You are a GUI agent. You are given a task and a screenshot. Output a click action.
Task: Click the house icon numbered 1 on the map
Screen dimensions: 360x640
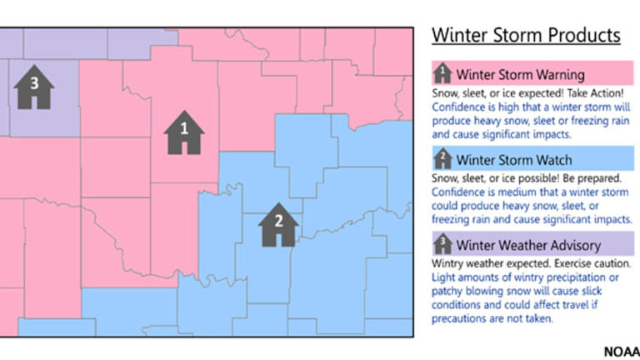point(185,132)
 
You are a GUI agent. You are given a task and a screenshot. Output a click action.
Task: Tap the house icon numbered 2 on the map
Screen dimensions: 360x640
point(278,224)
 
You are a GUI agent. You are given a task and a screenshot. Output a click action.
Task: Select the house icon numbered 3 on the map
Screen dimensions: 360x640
point(34,87)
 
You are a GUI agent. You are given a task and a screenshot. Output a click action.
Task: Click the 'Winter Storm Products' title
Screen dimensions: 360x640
point(526,35)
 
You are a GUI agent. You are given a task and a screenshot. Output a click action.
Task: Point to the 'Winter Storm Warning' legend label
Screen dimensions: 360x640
point(520,75)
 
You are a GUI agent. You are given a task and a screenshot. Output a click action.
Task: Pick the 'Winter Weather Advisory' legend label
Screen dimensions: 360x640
point(528,245)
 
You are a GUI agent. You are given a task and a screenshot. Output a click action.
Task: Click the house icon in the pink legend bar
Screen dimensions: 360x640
point(443,74)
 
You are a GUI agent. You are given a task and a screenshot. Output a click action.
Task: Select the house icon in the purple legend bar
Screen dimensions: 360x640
point(443,244)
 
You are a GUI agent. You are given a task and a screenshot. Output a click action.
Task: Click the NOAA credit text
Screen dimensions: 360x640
point(621,351)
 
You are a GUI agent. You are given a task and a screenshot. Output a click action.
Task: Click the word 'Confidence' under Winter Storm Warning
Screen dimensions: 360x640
point(459,107)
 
